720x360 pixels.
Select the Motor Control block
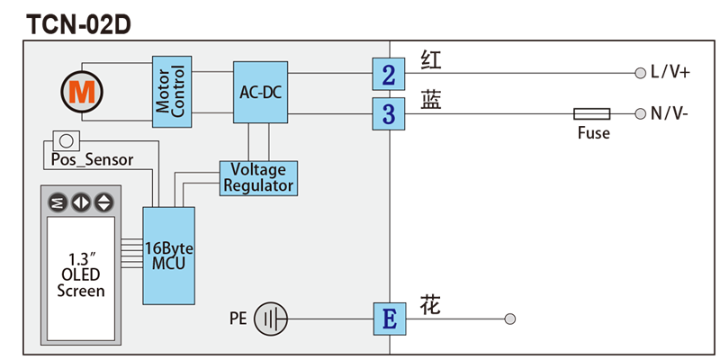tap(171, 89)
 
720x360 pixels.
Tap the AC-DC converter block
tap(260, 92)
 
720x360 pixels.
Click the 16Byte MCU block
tap(168, 255)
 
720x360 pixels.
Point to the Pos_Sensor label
tap(91, 160)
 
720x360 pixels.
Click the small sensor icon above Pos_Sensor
tap(65, 140)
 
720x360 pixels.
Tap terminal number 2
tap(388, 75)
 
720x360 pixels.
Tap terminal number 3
tap(388, 114)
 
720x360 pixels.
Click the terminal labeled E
tap(388, 319)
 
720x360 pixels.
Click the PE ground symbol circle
tap(270, 319)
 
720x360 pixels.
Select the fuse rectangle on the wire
tap(592, 114)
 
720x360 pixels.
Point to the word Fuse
tap(593, 134)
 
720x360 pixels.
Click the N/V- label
tap(670, 114)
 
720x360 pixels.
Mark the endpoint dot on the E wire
tap(510, 319)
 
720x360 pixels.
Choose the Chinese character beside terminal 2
tap(431, 61)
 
